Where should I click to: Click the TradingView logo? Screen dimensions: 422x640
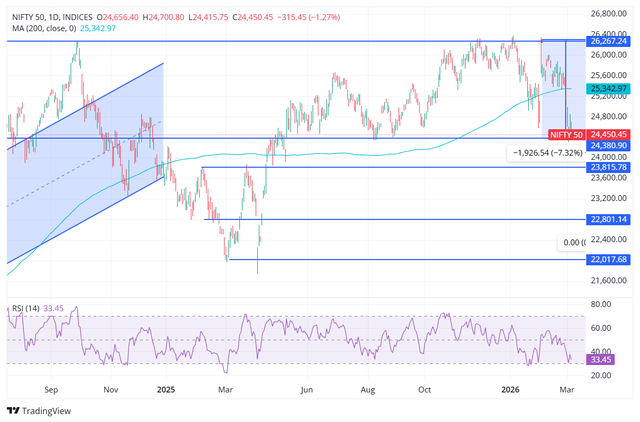click(x=38, y=411)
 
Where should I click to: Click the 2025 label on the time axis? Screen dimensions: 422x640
click(x=166, y=390)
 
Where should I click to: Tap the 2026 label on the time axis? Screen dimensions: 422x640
click(x=510, y=390)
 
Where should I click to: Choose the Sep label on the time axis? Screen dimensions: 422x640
click(x=51, y=390)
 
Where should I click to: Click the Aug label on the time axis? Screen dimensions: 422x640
click(x=368, y=390)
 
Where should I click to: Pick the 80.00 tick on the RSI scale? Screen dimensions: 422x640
click(x=602, y=304)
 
